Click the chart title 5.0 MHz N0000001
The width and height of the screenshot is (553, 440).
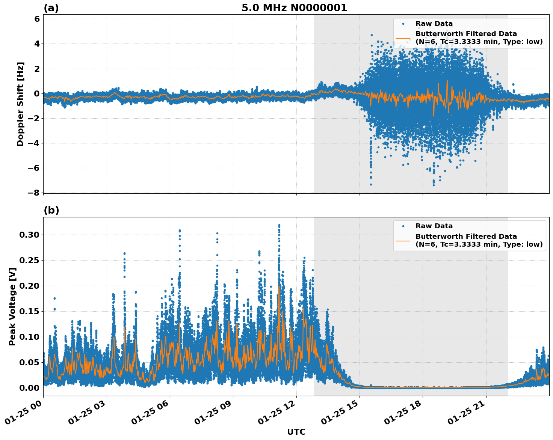(294, 8)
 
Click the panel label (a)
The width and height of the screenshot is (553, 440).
(51, 8)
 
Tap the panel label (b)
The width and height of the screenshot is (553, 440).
(51, 211)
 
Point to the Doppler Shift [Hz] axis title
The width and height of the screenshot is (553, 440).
(20, 104)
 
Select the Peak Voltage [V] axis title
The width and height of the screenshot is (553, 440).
(13, 306)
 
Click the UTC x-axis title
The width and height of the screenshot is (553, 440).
(296, 432)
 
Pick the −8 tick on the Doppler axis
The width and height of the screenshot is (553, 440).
(34, 193)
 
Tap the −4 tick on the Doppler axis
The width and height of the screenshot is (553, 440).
(34, 143)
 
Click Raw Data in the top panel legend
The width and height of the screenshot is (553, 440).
(434, 24)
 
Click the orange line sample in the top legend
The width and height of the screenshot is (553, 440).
(403, 38)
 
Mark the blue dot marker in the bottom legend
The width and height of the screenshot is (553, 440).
(403, 226)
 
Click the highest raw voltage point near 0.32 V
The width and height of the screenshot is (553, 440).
(279, 225)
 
